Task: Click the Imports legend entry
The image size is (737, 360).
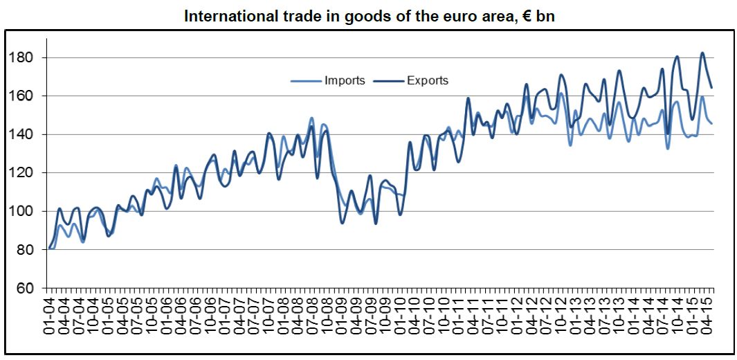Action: click(x=344, y=80)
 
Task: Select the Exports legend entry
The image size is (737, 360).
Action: click(x=427, y=80)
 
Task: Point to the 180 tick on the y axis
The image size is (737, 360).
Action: click(x=26, y=57)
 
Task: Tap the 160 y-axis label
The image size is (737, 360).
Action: click(x=26, y=96)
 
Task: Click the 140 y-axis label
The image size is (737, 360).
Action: click(x=26, y=134)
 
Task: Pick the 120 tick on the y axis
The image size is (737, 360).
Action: click(x=26, y=172)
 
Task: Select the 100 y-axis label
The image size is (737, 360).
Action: click(x=26, y=211)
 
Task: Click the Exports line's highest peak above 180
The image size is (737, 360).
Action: click(x=702, y=53)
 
